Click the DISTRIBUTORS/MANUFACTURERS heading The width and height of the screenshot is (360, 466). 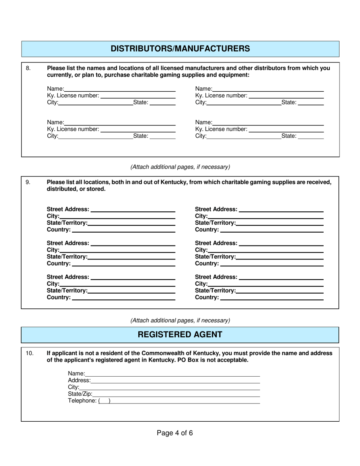point(180,48)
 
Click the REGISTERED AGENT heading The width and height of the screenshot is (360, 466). point(180,335)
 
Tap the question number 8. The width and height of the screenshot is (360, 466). point(28,68)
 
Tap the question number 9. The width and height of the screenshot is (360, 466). point(28,182)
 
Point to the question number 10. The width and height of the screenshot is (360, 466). point(30,353)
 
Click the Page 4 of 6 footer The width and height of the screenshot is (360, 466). point(175,433)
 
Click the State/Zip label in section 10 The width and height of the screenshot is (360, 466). point(80,394)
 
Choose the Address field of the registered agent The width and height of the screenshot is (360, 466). point(175,380)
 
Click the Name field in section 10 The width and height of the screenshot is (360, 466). point(172,373)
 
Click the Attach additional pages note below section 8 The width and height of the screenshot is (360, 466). point(180,167)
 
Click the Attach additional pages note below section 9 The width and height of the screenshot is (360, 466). point(180,320)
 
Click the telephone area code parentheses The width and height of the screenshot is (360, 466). point(104,401)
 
